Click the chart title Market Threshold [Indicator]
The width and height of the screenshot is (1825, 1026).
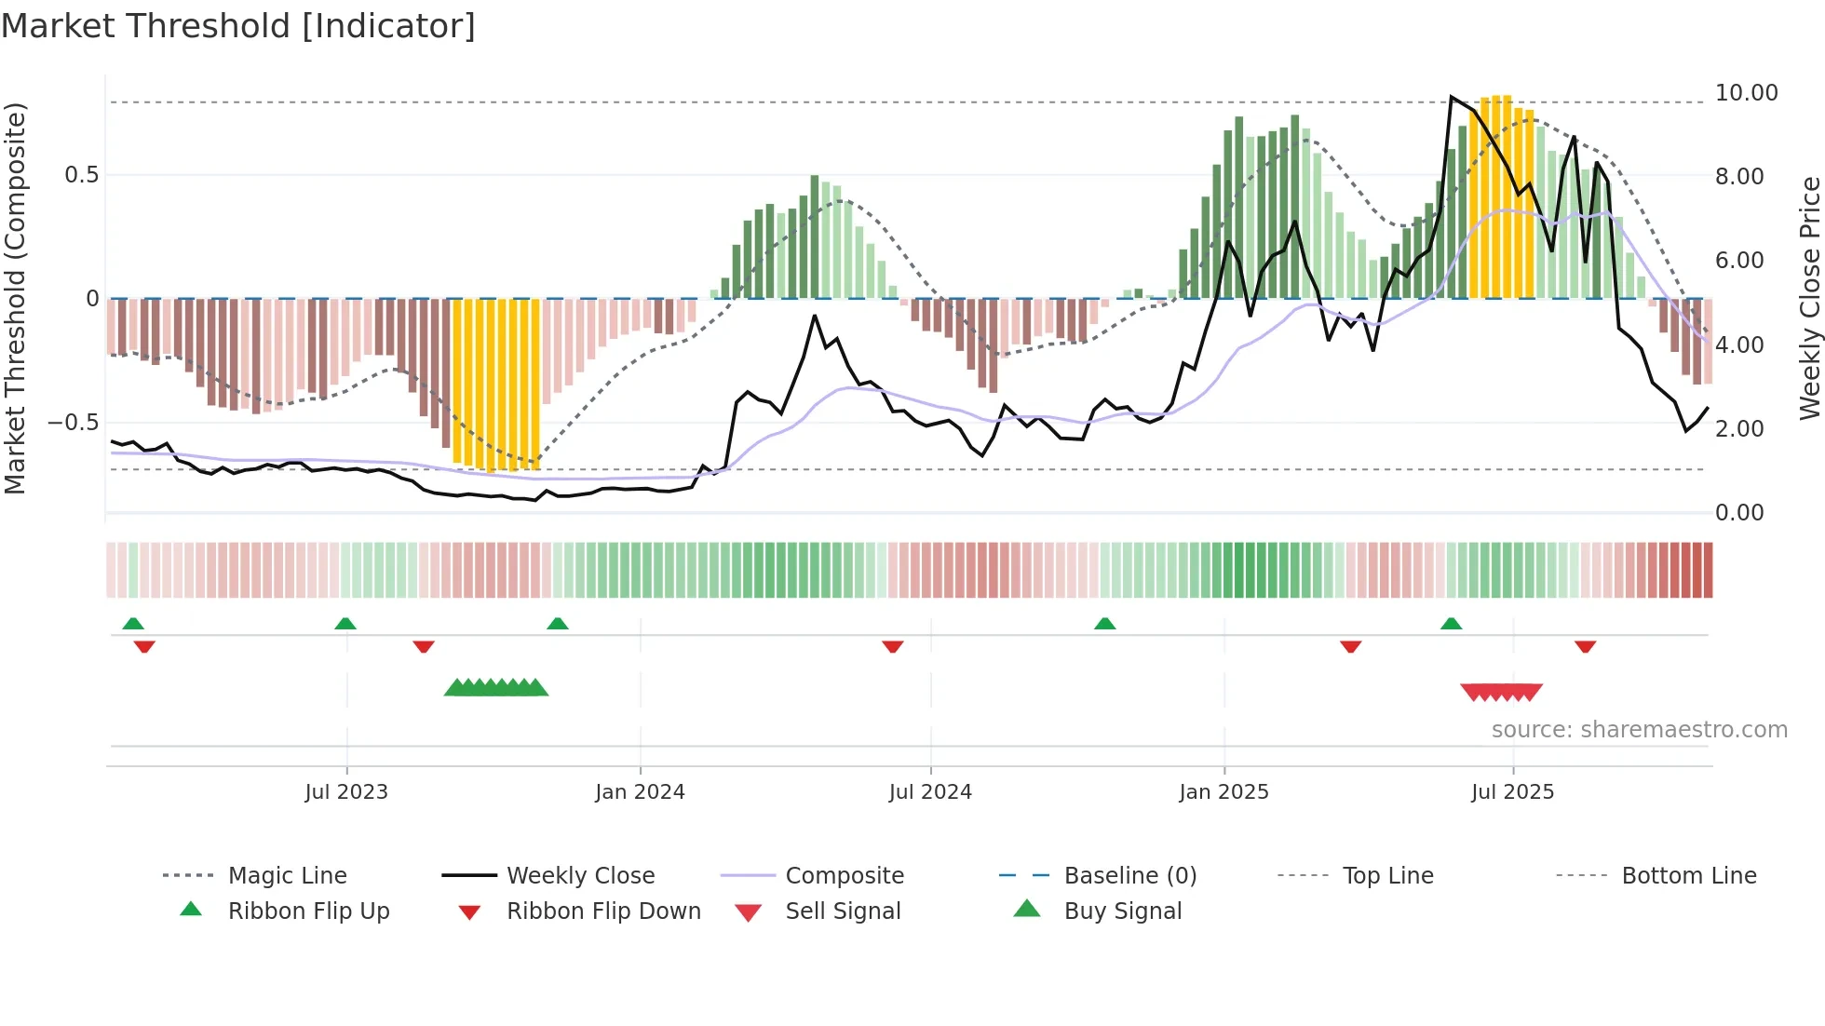pyautogui.click(x=238, y=26)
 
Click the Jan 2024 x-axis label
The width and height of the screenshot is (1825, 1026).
pyautogui.click(x=640, y=792)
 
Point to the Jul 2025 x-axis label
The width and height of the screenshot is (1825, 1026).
pyautogui.click(x=1512, y=792)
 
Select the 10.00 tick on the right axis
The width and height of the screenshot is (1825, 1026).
pyautogui.click(x=1746, y=93)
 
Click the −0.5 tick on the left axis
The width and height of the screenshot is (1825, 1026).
pyautogui.click(x=74, y=423)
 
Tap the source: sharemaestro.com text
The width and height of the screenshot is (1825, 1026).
pyautogui.click(x=1639, y=730)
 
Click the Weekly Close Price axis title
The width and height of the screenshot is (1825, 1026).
pyautogui.click(x=1809, y=298)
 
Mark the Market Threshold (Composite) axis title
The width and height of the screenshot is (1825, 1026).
pyautogui.click(x=15, y=298)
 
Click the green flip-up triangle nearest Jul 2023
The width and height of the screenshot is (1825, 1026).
pyautogui.click(x=345, y=624)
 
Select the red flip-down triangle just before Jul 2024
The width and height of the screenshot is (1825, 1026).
pyautogui.click(x=893, y=646)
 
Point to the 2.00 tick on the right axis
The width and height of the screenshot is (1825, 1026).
pyautogui.click(x=1739, y=429)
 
